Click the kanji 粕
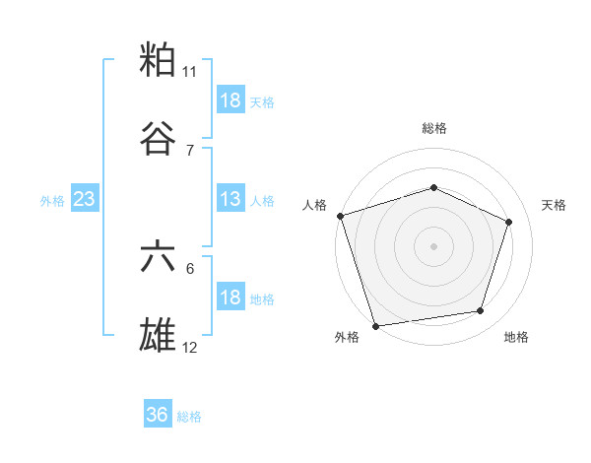point(159,60)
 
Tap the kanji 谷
point(159,139)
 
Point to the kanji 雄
point(159,335)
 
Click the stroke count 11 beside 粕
point(190,72)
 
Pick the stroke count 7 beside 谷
point(190,150)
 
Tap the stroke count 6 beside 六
point(190,268)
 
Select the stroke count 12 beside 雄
point(190,347)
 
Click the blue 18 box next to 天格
point(230,100)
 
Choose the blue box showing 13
point(230,199)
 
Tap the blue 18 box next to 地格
point(230,298)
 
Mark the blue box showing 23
point(85,199)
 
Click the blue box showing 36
point(158,415)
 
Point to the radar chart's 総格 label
point(434,128)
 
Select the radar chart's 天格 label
point(554,205)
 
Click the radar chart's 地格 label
point(516,337)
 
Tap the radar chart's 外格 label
point(347,337)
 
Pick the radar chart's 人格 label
point(315,205)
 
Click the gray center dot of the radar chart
point(433,245)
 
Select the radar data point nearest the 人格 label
point(340,216)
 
